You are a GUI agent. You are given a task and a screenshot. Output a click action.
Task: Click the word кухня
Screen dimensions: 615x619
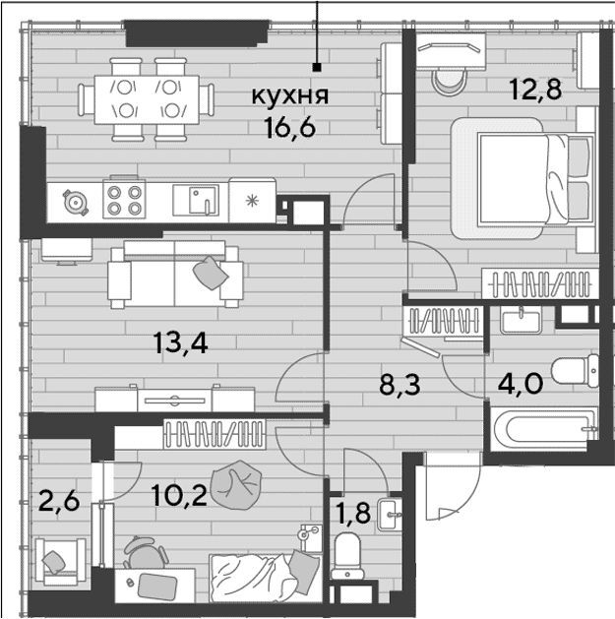(290, 96)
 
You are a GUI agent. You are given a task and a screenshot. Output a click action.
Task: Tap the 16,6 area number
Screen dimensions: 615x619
(291, 128)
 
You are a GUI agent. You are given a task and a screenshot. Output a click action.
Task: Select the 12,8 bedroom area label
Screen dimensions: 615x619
(535, 90)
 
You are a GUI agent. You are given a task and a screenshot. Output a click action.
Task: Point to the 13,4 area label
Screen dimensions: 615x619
(181, 342)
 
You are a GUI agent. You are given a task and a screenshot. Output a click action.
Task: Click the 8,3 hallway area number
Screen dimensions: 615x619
(400, 385)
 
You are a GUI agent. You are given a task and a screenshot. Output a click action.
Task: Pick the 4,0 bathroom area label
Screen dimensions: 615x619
(521, 384)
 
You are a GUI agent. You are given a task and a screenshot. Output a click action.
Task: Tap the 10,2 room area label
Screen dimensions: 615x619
(179, 496)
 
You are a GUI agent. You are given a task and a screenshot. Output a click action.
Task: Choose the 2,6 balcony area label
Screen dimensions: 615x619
(59, 501)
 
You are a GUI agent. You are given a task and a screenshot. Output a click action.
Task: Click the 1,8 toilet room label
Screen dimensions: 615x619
(353, 513)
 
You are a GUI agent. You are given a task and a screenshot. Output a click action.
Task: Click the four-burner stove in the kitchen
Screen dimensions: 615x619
(124, 199)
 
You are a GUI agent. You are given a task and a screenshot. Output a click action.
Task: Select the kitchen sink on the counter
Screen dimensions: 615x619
(196, 200)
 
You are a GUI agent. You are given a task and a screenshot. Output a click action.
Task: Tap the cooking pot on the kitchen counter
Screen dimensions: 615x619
(75, 203)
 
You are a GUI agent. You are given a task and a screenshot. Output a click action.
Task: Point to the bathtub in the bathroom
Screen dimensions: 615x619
(543, 429)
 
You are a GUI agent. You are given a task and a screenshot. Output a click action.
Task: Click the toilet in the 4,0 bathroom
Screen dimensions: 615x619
(575, 370)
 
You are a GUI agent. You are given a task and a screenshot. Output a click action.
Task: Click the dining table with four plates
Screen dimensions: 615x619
(147, 99)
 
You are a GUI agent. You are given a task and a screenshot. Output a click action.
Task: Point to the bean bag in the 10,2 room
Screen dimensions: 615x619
(236, 483)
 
